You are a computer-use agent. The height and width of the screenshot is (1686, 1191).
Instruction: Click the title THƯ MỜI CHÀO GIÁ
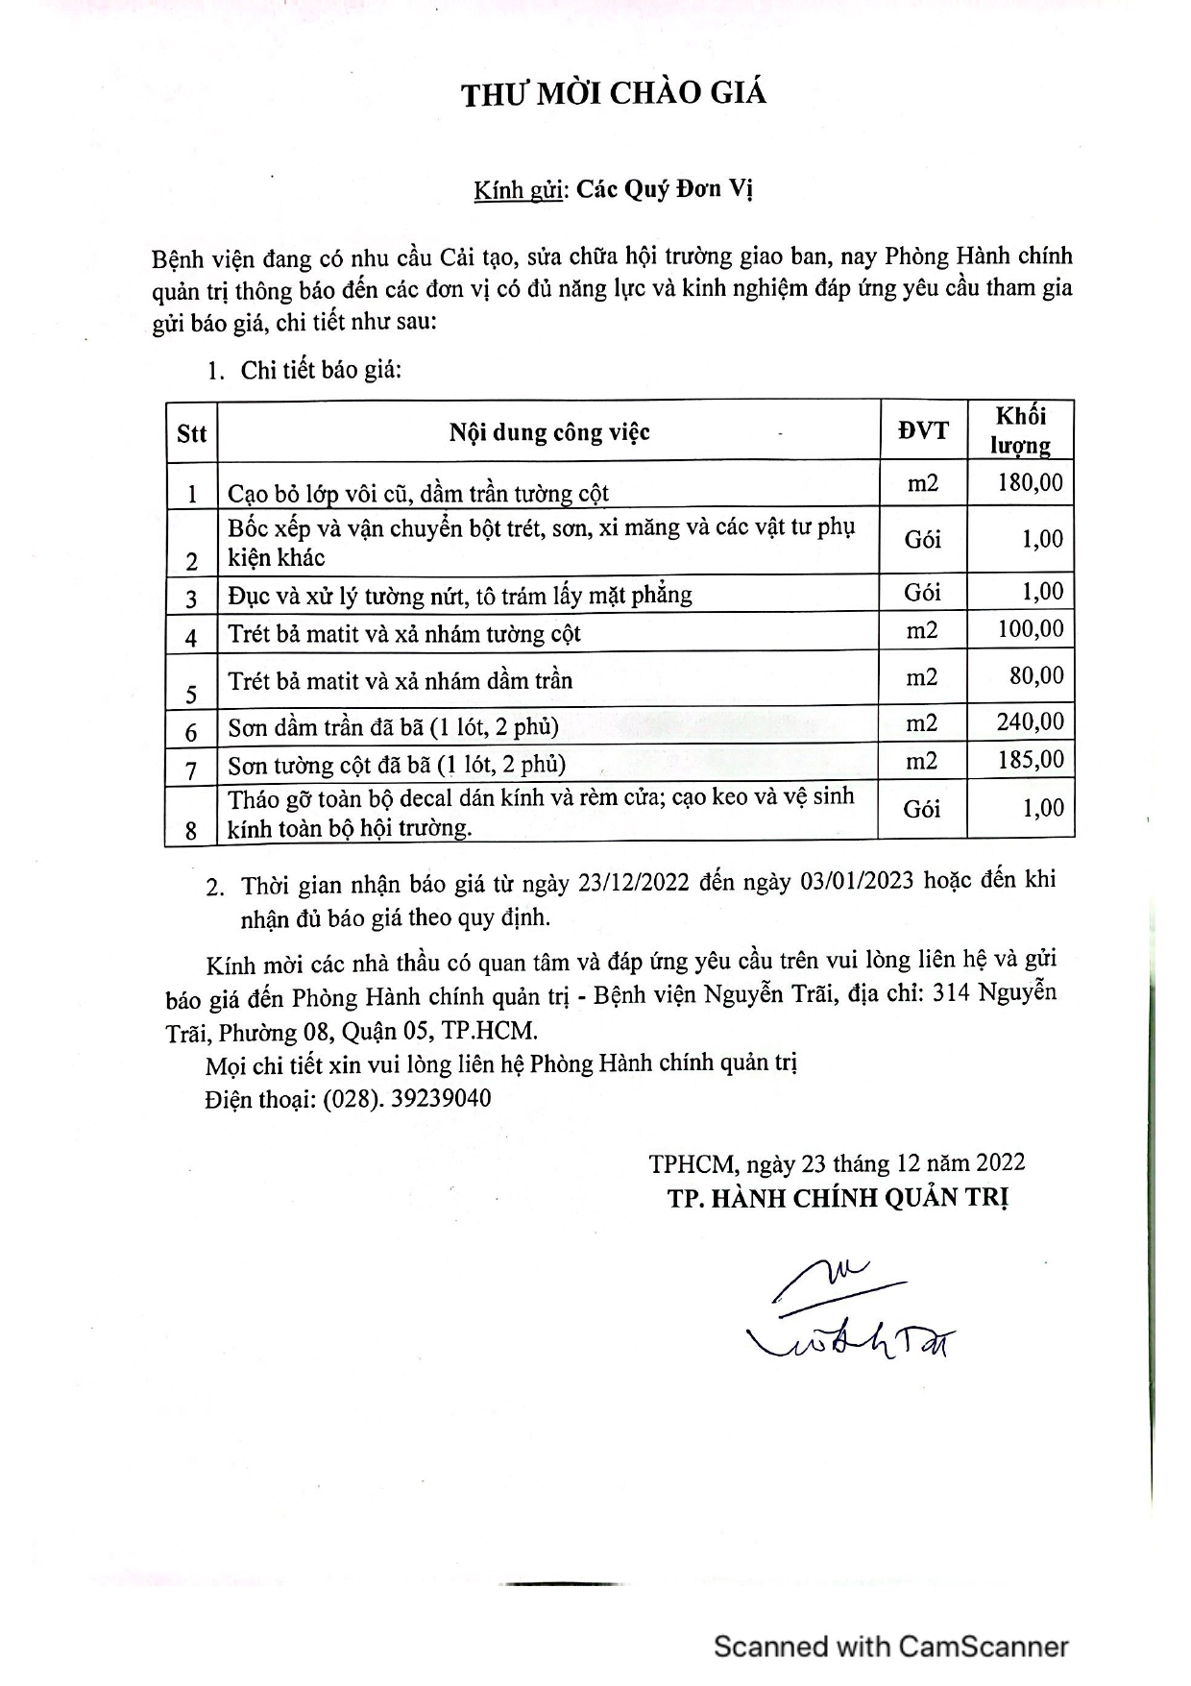click(614, 94)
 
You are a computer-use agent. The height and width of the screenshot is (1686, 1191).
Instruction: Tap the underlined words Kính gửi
click(518, 189)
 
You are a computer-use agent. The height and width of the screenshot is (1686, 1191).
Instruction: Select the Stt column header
click(192, 433)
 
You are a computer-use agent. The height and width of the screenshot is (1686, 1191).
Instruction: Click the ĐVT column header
click(923, 431)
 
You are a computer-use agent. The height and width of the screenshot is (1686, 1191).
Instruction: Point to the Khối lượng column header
click(1020, 431)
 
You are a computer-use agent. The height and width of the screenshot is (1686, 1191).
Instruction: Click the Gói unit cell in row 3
click(922, 593)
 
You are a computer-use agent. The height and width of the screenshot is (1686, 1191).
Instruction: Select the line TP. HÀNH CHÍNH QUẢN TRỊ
click(839, 1198)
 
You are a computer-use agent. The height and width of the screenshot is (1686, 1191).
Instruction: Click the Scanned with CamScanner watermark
click(890, 1647)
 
